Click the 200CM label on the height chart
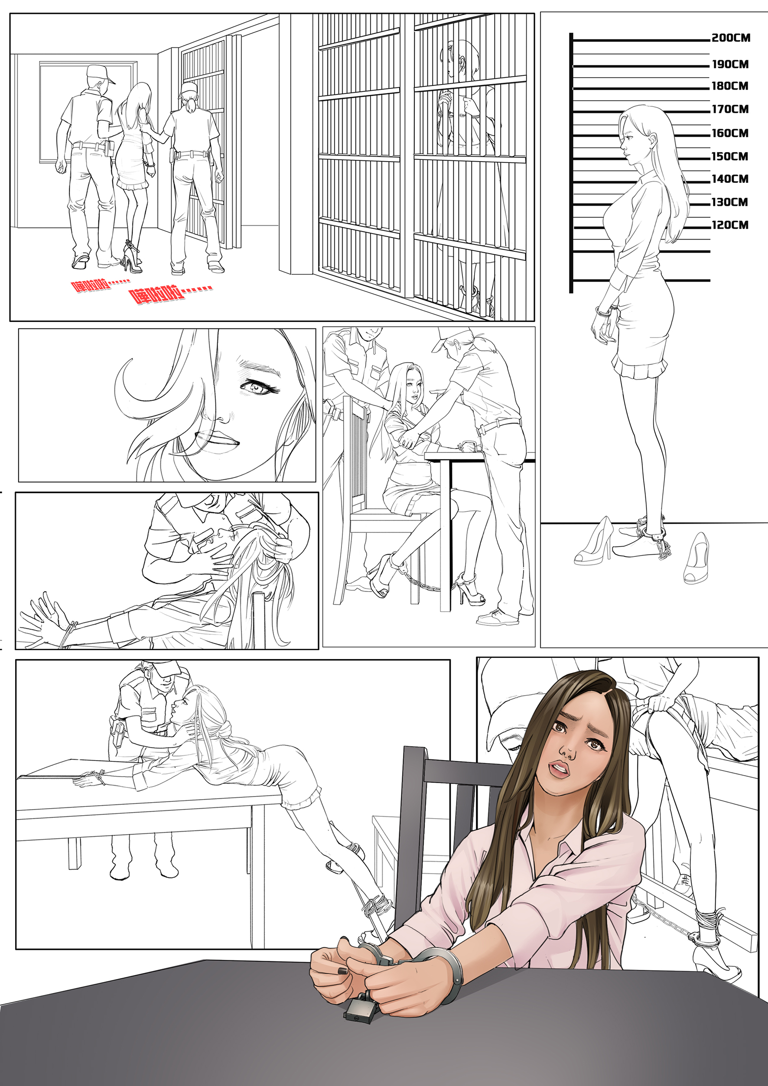pyautogui.click(x=731, y=38)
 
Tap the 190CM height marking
pyautogui.click(x=730, y=64)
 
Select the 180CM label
pyautogui.click(x=730, y=86)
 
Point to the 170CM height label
pyautogui.click(x=730, y=109)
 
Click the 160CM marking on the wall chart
pyautogui.click(x=730, y=133)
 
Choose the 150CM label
pyautogui.click(x=730, y=156)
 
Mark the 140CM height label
pyautogui.click(x=730, y=179)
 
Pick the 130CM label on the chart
pyautogui.click(x=730, y=202)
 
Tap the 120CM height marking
pyautogui.click(x=730, y=225)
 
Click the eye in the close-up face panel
pyautogui.click(x=258, y=388)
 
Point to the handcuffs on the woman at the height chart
pyautogui.click(x=606, y=311)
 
